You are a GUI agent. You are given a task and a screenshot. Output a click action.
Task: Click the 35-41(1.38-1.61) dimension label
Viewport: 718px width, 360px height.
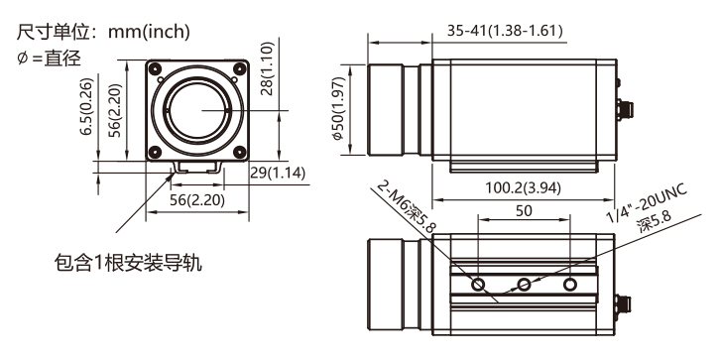coord(505,31)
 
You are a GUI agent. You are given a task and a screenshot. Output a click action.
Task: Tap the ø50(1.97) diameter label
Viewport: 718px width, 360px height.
coord(338,108)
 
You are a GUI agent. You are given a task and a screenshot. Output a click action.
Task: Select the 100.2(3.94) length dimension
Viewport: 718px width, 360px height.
coord(523,187)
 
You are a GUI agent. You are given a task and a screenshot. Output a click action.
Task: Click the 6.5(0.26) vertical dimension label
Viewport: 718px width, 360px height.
coord(86,107)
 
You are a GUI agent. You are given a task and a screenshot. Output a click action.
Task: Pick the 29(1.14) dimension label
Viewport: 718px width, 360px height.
coord(278,173)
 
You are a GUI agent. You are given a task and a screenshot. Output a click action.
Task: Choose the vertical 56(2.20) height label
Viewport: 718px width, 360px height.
coord(115,110)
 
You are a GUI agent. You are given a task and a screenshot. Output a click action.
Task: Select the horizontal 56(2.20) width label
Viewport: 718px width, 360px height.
coord(197,200)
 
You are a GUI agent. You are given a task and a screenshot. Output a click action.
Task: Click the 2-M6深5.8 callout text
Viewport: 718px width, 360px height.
coord(407,206)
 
